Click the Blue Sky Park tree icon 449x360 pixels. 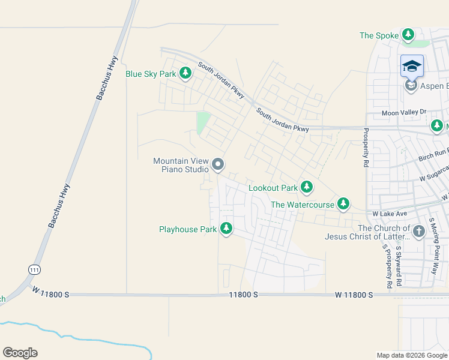coord(185,74)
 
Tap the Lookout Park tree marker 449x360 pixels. coord(307,188)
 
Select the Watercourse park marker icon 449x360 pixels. coord(343,204)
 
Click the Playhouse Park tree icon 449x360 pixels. coord(226,229)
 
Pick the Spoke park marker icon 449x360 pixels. coord(408,35)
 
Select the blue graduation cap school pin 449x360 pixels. coord(412,66)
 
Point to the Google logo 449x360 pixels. coord(20,353)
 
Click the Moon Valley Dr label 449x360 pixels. coord(403,112)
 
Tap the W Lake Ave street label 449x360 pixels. coord(390,213)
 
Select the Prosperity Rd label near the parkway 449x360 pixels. coord(365,147)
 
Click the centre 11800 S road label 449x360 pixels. coord(243,295)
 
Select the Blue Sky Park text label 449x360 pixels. coord(151,74)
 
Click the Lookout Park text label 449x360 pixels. coord(273,188)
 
